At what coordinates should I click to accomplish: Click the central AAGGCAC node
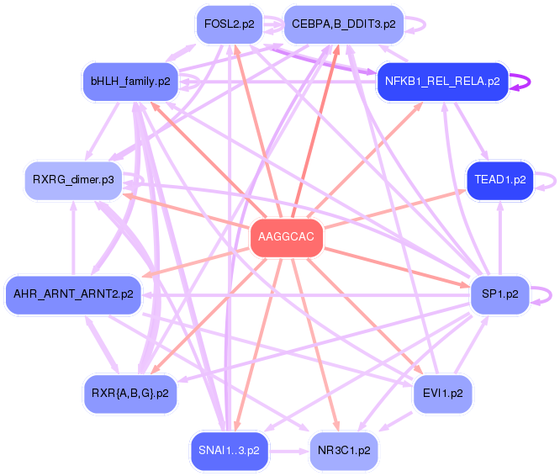point(286,237)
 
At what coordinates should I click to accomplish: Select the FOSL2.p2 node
point(229,24)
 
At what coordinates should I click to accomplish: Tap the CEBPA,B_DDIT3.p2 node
point(343,24)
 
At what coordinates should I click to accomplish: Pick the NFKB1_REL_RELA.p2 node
point(442,82)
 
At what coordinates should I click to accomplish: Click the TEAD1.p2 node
point(499,180)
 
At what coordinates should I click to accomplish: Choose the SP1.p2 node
point(499,294)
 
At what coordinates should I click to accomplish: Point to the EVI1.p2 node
point(442,393)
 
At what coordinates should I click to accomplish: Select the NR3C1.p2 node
point(343,450)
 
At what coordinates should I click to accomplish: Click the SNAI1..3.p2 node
point(229,450)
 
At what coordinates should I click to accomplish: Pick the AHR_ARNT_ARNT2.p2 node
point(72,294)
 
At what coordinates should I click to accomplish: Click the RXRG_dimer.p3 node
point(72,180)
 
